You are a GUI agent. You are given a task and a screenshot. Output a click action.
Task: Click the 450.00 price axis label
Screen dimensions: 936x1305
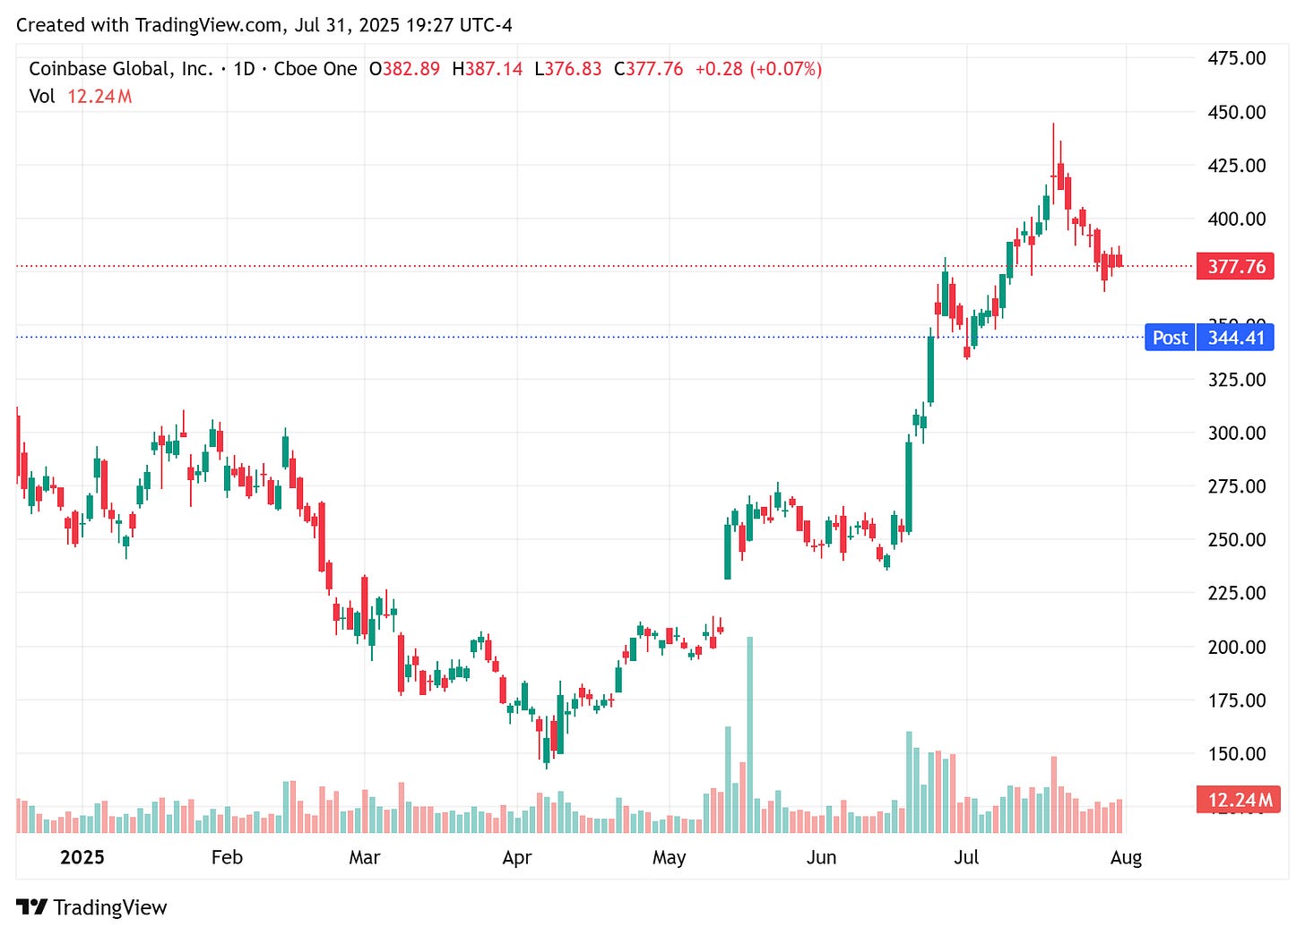[1236, 112]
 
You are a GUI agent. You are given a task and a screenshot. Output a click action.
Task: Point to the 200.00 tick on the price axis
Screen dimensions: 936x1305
[1236, 647]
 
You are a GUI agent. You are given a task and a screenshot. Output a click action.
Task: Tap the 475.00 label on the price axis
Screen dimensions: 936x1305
[1236, 58]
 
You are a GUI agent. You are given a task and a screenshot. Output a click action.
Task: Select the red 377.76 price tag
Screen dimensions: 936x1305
[1235, 266]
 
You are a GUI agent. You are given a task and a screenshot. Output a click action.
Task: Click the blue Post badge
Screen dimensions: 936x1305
[1170, 338]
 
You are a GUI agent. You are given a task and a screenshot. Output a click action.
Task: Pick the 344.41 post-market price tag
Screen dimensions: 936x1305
[1235, 338]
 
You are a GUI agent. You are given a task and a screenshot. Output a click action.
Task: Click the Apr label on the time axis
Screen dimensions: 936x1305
[517, 857]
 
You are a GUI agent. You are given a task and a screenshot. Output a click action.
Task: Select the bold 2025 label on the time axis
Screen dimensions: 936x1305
[82, 857]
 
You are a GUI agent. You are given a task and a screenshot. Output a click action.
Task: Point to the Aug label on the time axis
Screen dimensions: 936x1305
[1126, 857]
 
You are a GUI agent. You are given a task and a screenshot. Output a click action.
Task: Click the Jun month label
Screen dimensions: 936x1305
[821, 857]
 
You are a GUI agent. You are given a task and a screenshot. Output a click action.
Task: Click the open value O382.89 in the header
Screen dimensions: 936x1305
[404, 69]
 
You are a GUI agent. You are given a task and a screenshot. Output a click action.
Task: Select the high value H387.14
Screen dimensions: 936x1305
[487, 69]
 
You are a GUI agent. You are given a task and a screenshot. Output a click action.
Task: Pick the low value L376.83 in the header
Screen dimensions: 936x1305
[567, 69]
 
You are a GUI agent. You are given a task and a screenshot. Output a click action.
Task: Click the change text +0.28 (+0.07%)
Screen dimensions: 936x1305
[758, 69]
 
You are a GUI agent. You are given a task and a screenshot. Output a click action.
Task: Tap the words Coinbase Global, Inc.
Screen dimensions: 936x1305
[121, 69]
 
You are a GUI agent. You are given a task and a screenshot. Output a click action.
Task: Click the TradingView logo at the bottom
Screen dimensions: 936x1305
[91, 907]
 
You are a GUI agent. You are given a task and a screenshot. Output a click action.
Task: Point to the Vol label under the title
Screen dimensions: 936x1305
[41, 96]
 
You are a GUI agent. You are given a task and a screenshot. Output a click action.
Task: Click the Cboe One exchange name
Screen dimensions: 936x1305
[315, 69]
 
